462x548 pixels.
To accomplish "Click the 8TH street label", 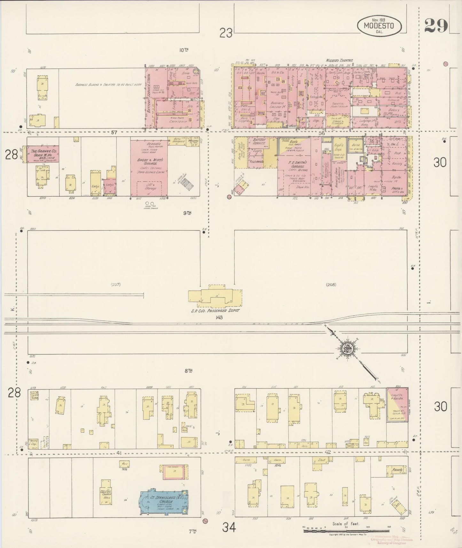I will pyautogui.click(x=188, y=371).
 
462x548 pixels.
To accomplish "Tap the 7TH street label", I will pyautogui.click(x=192, y=531).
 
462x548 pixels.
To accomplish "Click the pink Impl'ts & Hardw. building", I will pyautogui.click(x=397, y=405).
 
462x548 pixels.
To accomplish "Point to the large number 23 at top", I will pyautogui.click(x=226, y=33).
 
